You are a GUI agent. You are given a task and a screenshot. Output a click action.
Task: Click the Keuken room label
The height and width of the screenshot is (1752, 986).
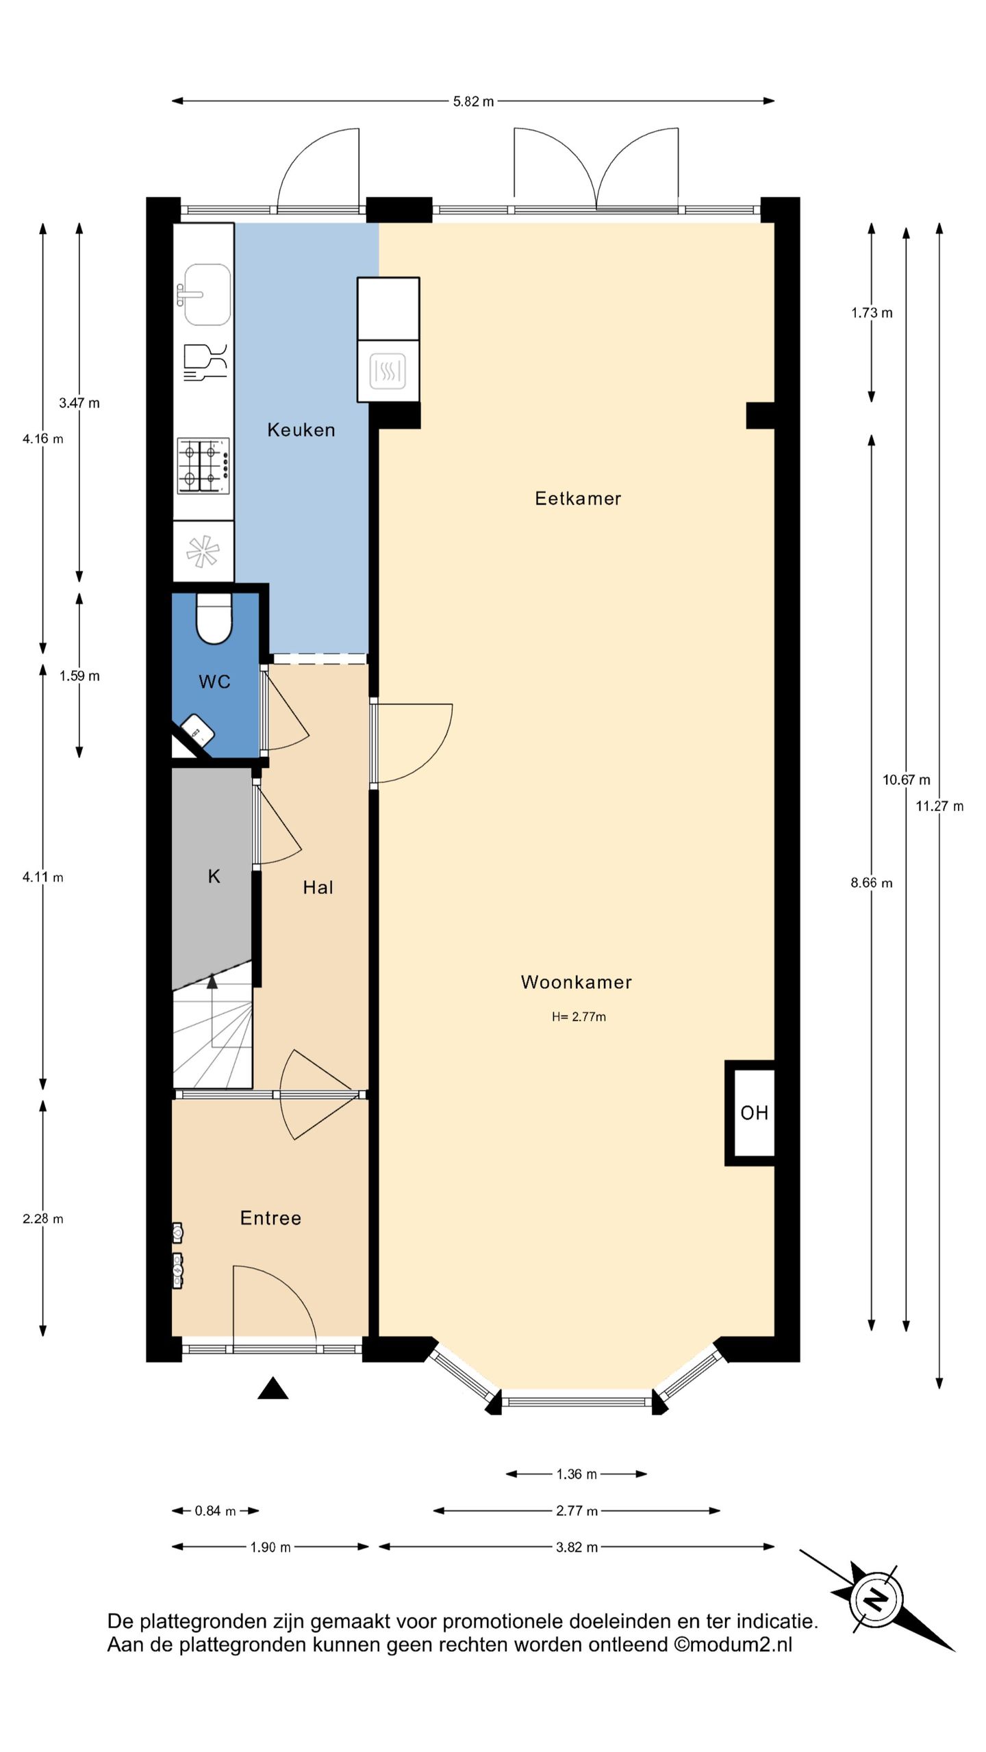(x=301, y=430)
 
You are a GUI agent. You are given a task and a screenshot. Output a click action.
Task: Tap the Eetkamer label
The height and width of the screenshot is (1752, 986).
(x=578, y=498)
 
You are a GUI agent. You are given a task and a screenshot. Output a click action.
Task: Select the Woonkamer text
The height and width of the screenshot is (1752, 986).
(x=576, y=982)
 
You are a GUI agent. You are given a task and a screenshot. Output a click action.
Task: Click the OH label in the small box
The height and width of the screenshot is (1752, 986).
(x=754, y=1113)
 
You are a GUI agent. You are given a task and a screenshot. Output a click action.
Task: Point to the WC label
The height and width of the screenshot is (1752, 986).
(x=214, y=682)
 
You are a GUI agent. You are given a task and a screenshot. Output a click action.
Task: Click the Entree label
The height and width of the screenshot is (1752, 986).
(x=270, y=1218)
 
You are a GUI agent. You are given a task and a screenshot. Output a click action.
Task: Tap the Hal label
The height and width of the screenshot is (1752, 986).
(x=318, y=888)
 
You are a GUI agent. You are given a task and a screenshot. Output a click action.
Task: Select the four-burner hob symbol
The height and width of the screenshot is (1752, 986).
(x=203, y=466)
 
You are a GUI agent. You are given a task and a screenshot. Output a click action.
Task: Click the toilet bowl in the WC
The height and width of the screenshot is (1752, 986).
(x=214, y=619)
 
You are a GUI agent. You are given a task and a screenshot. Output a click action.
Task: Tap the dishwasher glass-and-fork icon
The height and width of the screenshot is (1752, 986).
(x=205, y=362)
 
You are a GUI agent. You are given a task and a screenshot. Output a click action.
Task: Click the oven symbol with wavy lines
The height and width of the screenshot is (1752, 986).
(x=388, y=371)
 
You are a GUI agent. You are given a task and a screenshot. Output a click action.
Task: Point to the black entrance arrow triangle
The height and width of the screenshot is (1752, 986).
(x=273, y=1388)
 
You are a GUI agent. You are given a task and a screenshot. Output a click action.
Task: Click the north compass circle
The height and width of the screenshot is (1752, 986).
(x=876, y=1600)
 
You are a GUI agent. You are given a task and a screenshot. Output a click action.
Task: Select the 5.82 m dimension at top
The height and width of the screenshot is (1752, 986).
(x=473, y=101)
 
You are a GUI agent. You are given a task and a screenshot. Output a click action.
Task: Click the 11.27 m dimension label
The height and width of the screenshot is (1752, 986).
(x=939, y=806)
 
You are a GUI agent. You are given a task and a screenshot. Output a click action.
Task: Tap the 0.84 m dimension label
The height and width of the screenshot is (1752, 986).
(x=215, y=1511)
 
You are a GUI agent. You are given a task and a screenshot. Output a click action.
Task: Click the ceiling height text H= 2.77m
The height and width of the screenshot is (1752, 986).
(x=579, y=1017)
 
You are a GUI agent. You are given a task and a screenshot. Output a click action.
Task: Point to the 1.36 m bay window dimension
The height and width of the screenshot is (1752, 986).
(x=577, y=1474)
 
